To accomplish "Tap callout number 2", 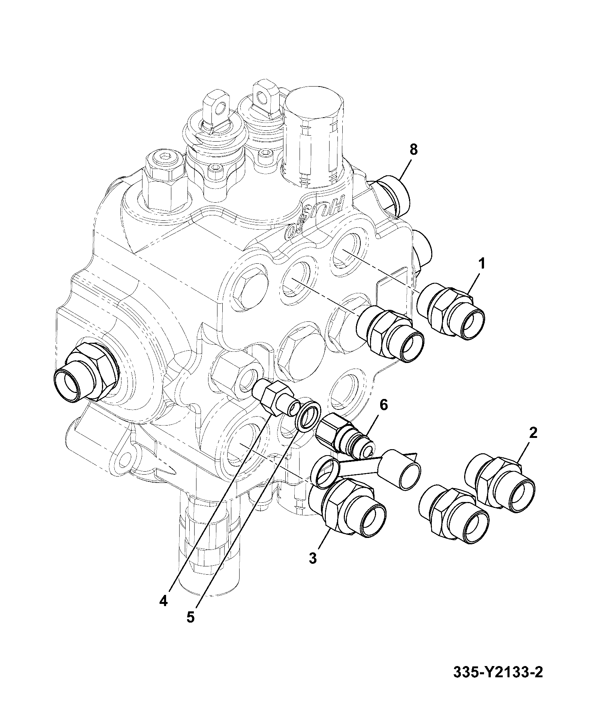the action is point(533,433).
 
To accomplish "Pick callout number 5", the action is point(191,627).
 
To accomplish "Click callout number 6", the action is point(384,405).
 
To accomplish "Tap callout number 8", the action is point(413,150).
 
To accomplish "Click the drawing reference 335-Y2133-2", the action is point(498,672).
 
